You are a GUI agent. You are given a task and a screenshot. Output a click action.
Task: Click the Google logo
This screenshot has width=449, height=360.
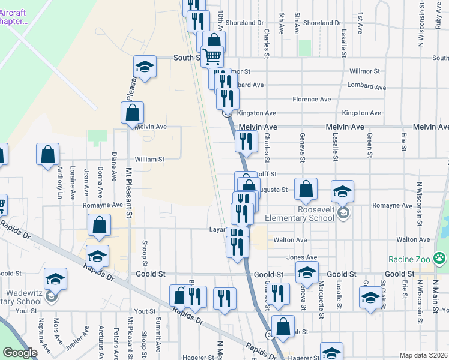point(20,353)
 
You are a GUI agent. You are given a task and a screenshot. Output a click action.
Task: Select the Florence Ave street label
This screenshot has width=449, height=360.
point(312,99)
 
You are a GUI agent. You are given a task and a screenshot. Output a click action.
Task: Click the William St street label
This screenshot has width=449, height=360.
point(149,160)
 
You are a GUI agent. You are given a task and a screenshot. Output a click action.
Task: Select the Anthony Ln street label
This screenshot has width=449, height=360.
point(59,182)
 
